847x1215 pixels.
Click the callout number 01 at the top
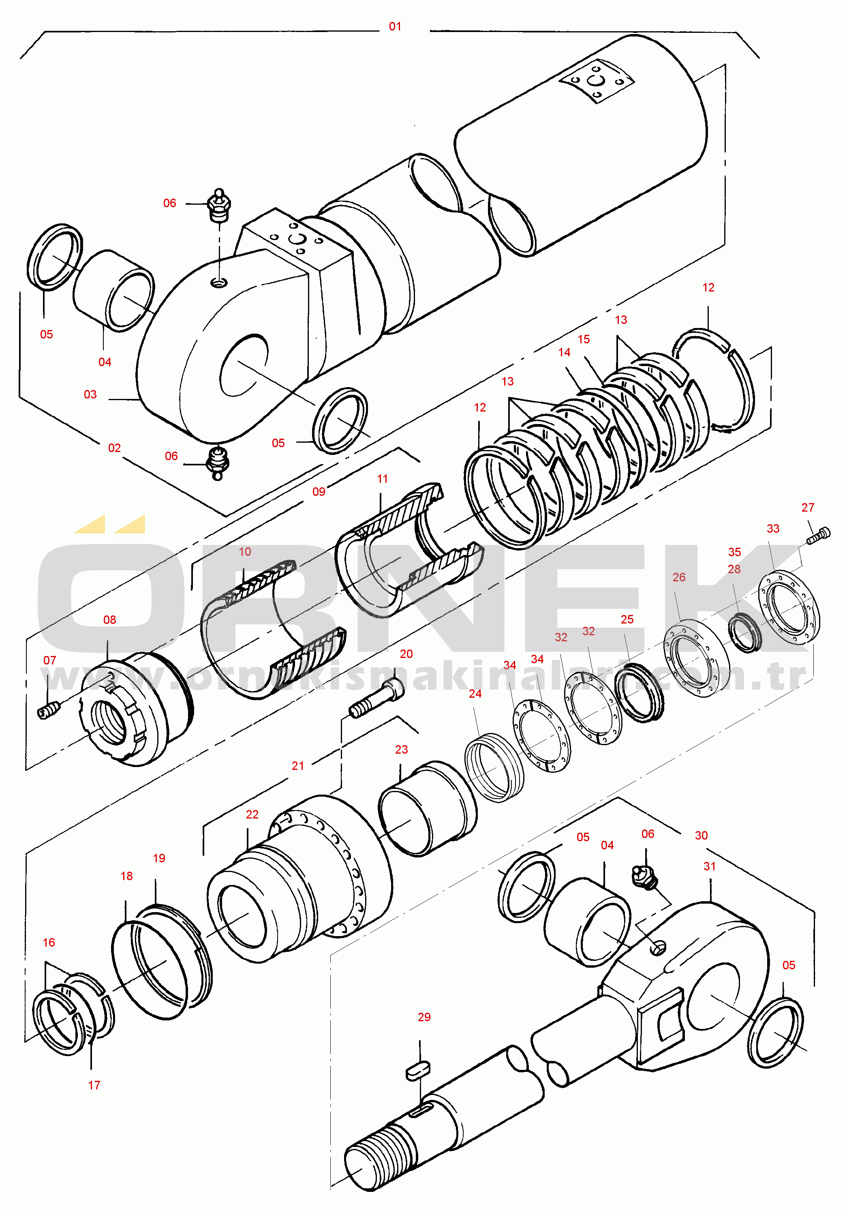[395, 26]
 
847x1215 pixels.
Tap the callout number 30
[701, 835]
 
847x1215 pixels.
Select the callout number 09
[319, 492]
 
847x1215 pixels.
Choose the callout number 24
[475, 693]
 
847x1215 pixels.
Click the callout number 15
[584, 339]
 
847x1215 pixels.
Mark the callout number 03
[90, 394]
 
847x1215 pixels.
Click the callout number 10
[244, 551]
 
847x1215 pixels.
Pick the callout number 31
[710, 866]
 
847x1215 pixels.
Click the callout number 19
[159, 858]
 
